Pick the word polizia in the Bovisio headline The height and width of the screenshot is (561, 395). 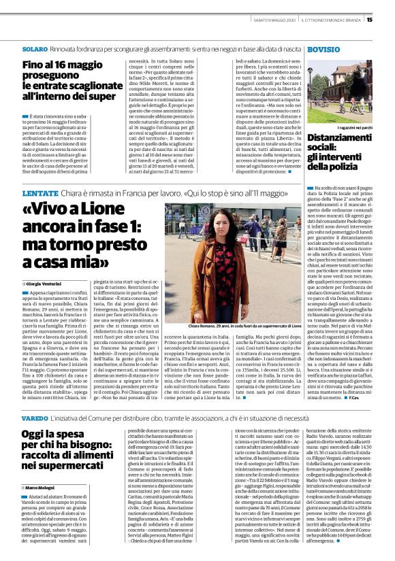pos(353,167)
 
